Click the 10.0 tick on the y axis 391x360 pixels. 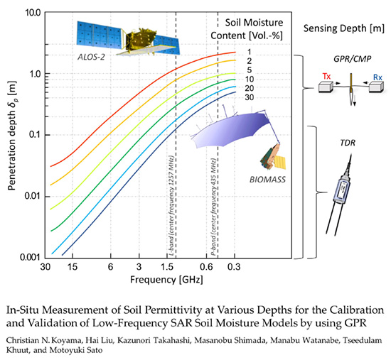tap(29, 13)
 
